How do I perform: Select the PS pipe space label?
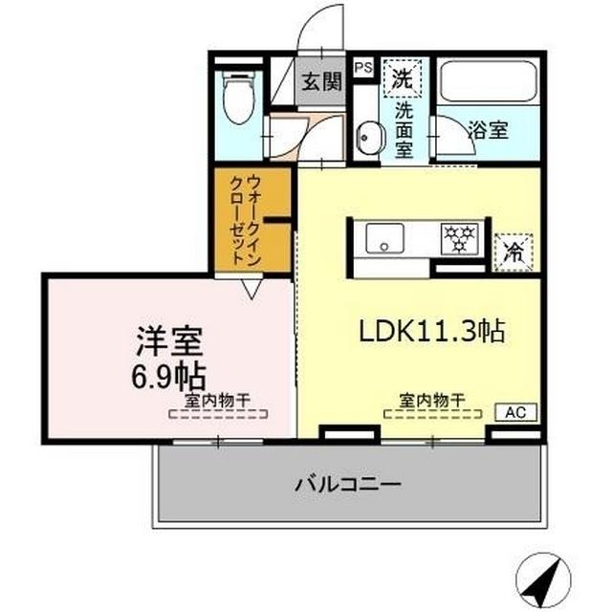point(363,68)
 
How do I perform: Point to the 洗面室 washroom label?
point(404,129)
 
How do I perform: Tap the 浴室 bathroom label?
point(488,131)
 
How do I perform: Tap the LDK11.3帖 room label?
point(431,331)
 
